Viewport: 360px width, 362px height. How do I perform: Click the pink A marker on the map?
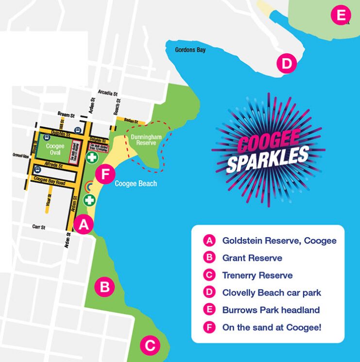click(x=84, y=224)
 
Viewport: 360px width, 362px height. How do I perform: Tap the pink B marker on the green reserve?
click(x=104, y=287)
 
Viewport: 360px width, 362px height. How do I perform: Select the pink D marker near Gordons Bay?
click(x=286, y=64)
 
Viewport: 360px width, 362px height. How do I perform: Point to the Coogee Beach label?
click(x=136, y=184)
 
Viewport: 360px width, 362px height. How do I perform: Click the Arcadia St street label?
click(x=108, y=92)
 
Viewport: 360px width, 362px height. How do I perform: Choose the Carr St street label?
click(x=38, y=227)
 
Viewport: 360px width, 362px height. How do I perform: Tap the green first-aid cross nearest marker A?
click(x=89, y=199)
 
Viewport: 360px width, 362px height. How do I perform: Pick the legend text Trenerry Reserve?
click(x=257, y=276)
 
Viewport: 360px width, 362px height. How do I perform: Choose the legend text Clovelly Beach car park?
click(x=272, y=293)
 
